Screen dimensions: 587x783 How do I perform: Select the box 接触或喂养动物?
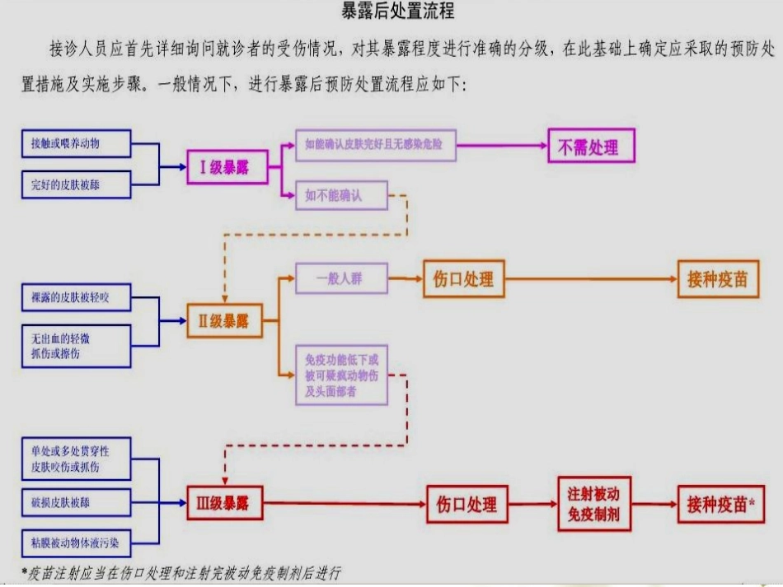[x=77, y=143]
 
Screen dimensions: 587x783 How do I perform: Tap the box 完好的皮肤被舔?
[x=77, y=184]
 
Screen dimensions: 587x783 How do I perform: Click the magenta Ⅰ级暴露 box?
[x=224, y=168]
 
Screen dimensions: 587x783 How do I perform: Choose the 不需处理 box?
[x=592, y=147]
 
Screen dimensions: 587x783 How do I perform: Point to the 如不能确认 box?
[x=340, y=195]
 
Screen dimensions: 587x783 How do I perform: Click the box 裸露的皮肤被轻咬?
[x=77, y=297]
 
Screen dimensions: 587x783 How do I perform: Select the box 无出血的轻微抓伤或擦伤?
[x=77, y=346]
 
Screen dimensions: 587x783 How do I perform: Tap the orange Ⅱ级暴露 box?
[x=224, y=320]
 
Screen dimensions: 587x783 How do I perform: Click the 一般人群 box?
[x=340, y=278]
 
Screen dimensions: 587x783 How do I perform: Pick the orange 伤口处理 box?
[x=463, y=278]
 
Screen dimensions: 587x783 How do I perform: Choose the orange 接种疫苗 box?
[x=718, y=278]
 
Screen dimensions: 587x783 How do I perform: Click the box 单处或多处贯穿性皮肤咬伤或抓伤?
[x=77, y=459]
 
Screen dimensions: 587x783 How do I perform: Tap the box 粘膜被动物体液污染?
[x=77, y=543]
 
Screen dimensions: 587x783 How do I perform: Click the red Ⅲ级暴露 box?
[x=224, y=502]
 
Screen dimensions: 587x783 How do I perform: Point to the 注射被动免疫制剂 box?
[x=593, y=504]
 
